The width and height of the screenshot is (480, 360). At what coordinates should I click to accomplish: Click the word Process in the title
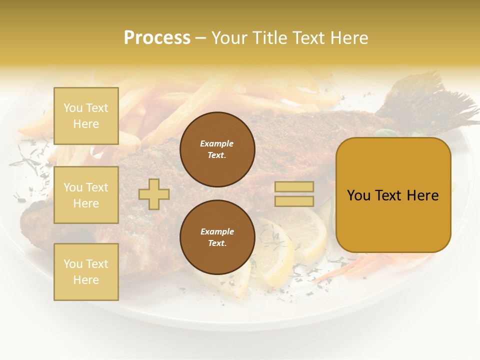pos(157,38)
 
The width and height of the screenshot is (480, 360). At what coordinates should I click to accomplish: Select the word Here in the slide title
pos(347,38)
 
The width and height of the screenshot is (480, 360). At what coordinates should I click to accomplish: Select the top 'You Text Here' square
pos(86,116)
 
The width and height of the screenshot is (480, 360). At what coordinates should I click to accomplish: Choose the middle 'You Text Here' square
pos(86,195)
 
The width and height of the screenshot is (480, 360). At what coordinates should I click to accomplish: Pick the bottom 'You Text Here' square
pos(86,272)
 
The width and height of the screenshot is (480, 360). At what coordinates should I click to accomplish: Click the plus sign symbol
pos(154,194)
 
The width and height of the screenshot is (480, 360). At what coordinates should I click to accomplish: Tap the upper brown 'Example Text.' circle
pos(217,149)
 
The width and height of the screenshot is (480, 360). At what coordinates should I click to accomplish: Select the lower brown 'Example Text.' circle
pos(217,237)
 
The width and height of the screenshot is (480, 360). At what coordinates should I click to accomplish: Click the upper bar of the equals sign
pos(294,186)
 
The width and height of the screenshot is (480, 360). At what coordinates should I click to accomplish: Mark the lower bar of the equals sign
pos(294,201)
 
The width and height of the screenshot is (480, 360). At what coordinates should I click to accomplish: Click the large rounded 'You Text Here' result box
pos(393,195)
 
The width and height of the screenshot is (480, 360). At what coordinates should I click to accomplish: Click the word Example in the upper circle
pos(216,143)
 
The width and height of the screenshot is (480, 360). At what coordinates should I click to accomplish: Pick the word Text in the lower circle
pos(216,243)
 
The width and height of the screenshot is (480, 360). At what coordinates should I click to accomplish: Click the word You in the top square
pos(73,108)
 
